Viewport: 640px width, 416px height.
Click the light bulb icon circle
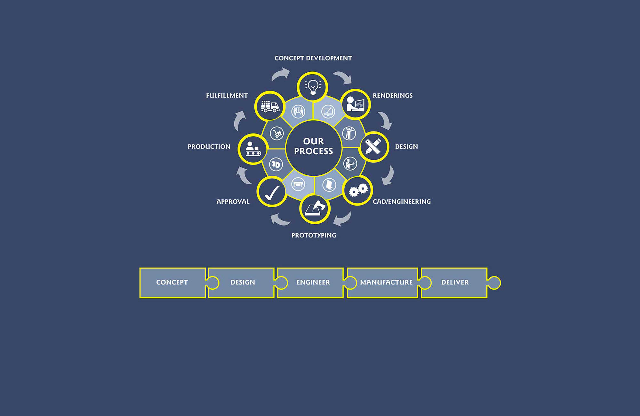(312, 87)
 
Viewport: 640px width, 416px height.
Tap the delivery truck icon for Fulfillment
(269, 106)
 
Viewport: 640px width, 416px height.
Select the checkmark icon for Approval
(272, 192)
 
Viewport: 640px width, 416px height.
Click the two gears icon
(357, 190)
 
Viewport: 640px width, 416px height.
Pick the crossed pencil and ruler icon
(373, 147)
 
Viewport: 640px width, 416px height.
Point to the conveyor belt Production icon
(253, 149)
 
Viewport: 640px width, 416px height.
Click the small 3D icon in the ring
(276, 164)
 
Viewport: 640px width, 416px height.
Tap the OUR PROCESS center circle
(313, 147)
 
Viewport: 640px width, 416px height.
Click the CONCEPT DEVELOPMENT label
(313, 58)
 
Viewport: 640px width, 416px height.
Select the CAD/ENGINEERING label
(402, 202)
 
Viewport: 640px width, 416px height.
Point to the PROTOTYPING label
(314, 236)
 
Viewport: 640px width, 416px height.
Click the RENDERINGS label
(393, 96)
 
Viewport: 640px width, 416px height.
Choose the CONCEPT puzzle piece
(172, 283)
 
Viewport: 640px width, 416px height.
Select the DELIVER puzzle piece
(455, 283)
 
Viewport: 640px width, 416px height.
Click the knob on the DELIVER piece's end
(494, 283)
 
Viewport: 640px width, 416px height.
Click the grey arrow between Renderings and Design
(385, 120)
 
